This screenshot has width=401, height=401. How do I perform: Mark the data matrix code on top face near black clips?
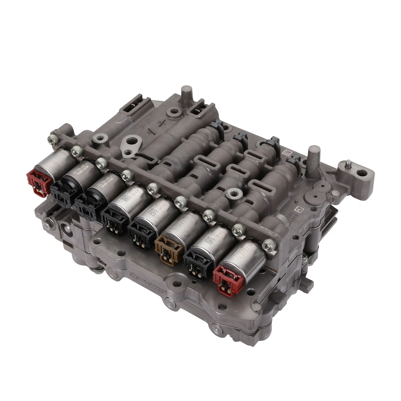[x=286, y=153]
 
